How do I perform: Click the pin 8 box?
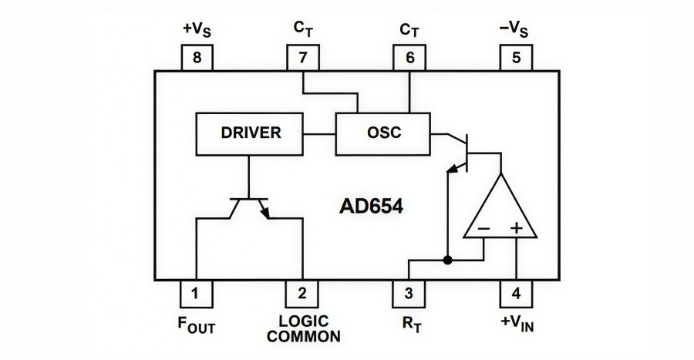coord(197,58)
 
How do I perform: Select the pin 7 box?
coord(302,58)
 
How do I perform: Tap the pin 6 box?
coord(409,58)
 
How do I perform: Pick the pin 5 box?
coord(515,58)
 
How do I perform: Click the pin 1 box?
coord(197,293)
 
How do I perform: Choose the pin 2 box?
coord(302,293)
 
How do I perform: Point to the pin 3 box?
coord(409,293)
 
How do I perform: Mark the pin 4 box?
coord(515,293)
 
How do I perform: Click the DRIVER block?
coord(251,133)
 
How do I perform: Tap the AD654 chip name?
coord(371,207)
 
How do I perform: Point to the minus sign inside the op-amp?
coord(483,229)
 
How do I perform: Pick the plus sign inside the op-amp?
coord(516,229)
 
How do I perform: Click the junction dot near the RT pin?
coord(447,261)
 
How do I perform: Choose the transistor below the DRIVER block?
coord(249,207)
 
